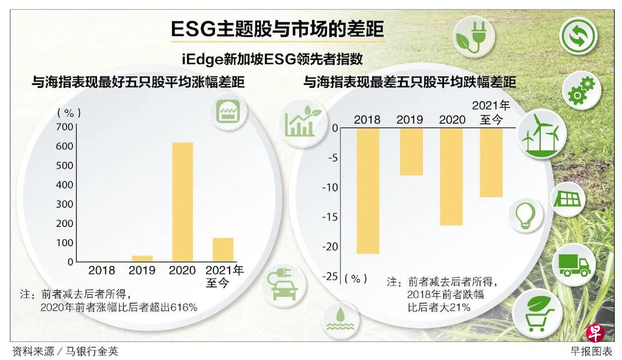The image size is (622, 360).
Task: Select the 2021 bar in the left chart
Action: [x=223, y=249]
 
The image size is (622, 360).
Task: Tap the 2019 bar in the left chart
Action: [x=142, y=259]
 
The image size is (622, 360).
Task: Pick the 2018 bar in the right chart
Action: [x=368, y=190]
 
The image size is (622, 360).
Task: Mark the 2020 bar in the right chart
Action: [x=451, y=176]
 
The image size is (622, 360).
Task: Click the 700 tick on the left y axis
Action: [x=64, y=127]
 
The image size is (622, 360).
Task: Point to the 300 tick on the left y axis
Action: [x=64, y=204]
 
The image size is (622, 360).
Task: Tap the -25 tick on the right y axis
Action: [x=331, y=277]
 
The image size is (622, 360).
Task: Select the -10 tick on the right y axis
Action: [x=331, y=187]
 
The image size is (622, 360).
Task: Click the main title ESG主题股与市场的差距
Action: [x=277, y=29]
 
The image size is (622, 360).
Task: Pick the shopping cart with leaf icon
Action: [x=537, y=313]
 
